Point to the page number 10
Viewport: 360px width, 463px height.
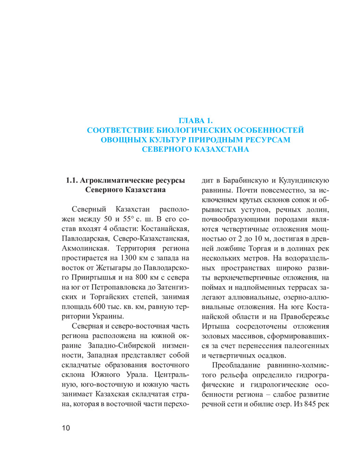pos(65,428)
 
